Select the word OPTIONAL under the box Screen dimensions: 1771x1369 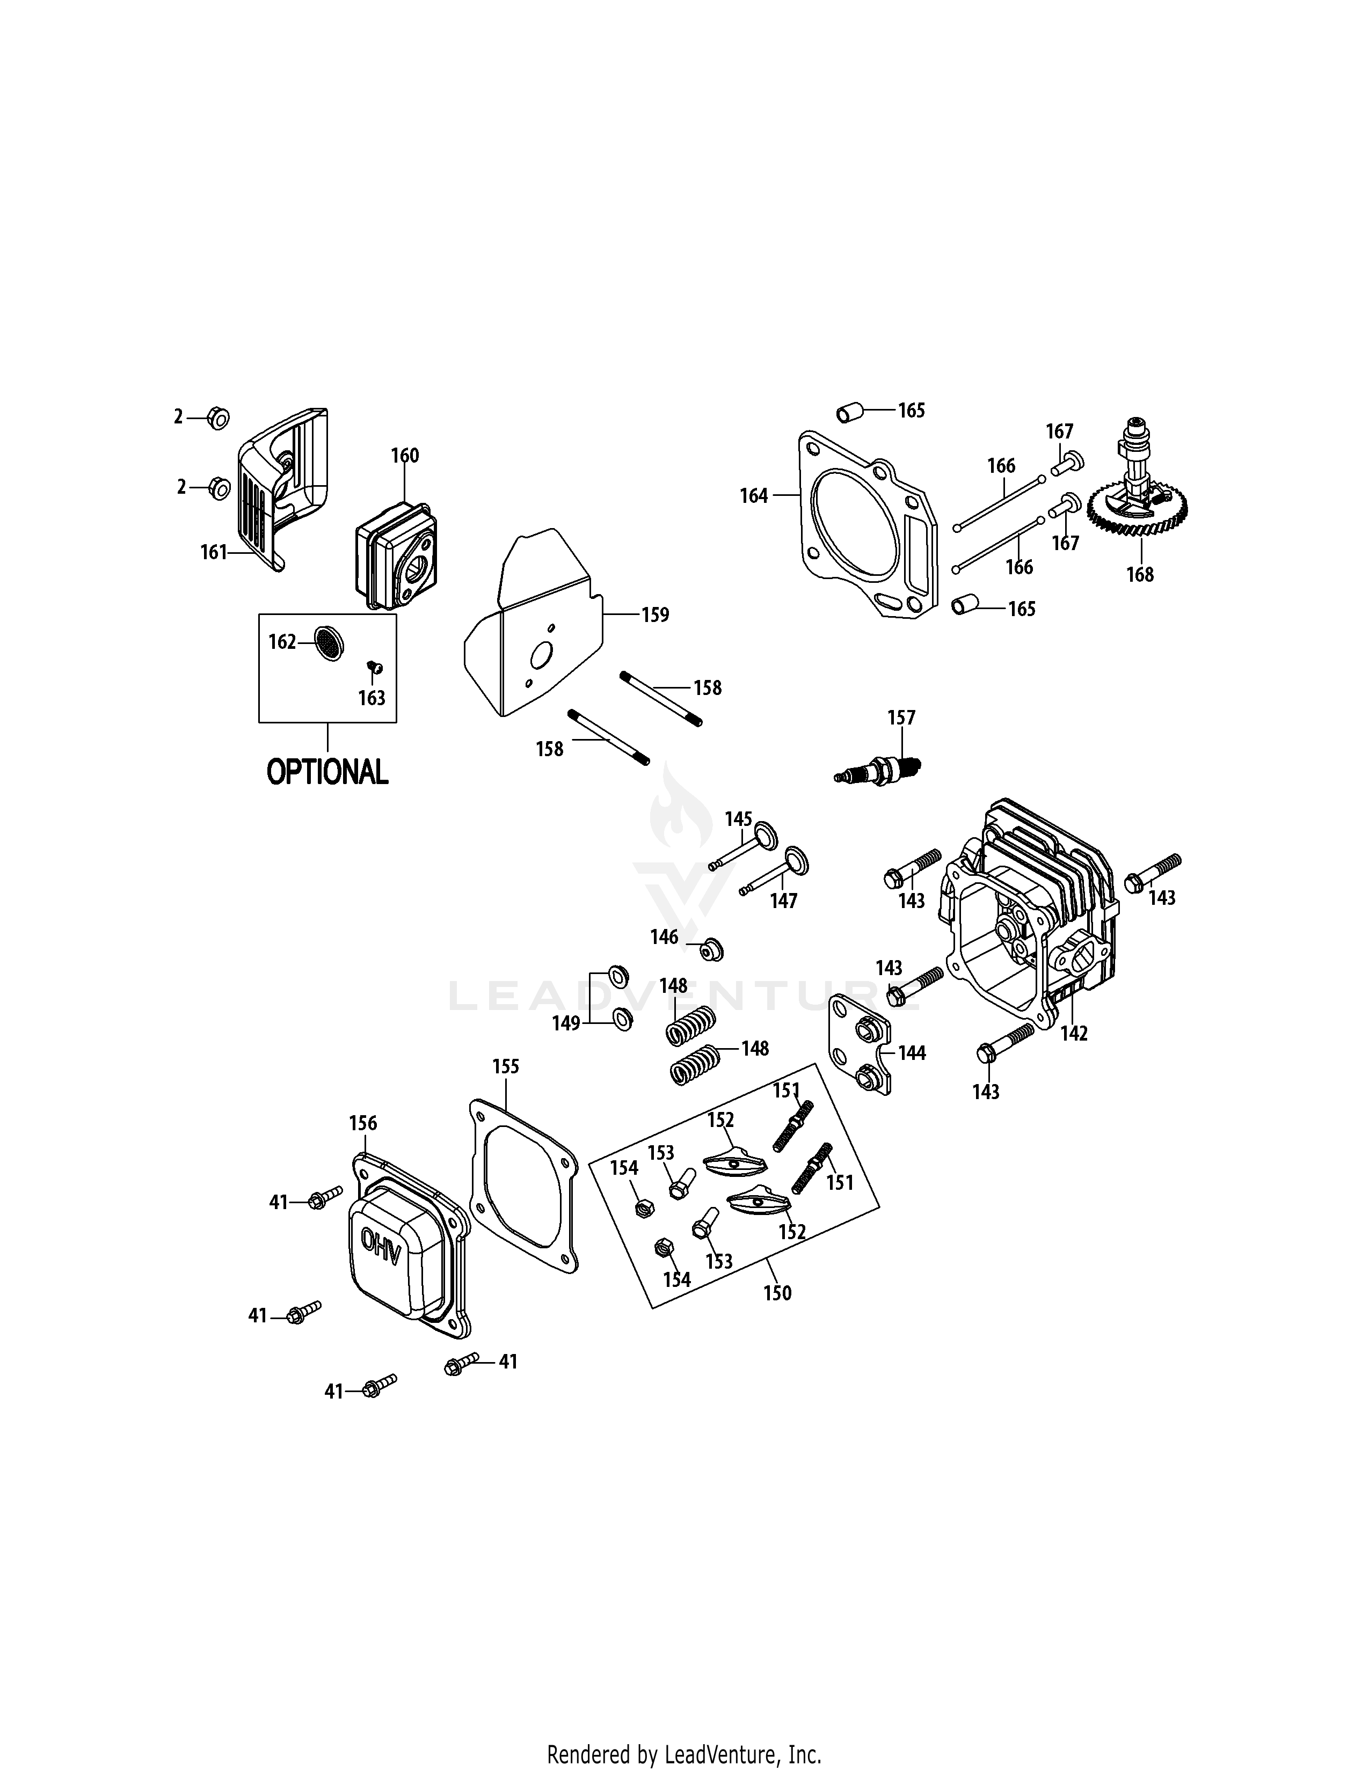tap(327, 771)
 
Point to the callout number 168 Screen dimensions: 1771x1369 tap(1139, 574)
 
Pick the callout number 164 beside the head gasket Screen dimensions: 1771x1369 tap(753, 495)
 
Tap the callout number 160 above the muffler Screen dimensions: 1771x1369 tap(405, 456)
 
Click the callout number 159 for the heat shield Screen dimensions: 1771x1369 tap(656, 614)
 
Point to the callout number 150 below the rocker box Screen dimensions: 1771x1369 tap(777, 1293)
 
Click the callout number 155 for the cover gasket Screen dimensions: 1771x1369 tap(505, 1066)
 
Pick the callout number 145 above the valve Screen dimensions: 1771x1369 tap(738, 819)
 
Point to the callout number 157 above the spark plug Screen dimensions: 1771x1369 tap(901, 718)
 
